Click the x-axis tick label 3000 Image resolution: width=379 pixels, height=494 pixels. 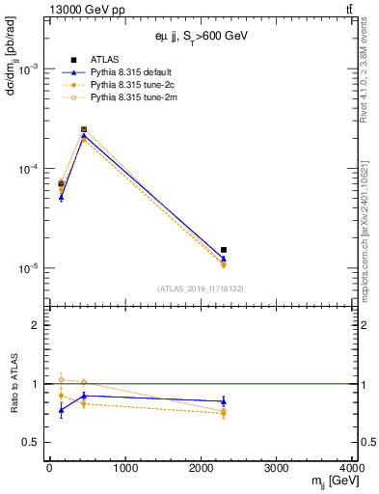tap(278, 468)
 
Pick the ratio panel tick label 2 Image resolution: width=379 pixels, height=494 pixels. tap(35, 325)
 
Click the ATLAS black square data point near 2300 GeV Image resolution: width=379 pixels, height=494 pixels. tap(224, 250)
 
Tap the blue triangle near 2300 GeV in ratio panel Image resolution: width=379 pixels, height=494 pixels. tap(224, 400)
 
